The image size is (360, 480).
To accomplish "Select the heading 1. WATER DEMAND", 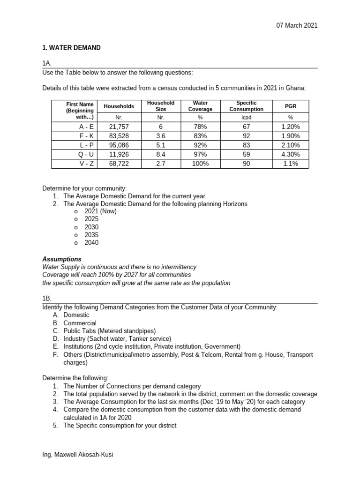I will [x=71, y=48].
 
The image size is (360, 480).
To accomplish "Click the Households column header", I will [x=119, y=106].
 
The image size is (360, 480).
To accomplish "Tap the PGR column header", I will [x=290, y=106].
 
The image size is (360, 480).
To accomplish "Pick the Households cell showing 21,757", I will [x=119, y=127].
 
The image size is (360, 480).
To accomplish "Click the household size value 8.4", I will [x=161, y=155].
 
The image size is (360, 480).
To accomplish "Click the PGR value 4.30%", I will [x=290, y=155].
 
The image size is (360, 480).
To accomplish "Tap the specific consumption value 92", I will [x=246, y=136].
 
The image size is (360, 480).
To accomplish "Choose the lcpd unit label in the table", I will [x=246, y=118].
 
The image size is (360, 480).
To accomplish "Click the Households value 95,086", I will [x=119, y=145].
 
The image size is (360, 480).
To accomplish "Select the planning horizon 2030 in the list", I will [x=91, y=227].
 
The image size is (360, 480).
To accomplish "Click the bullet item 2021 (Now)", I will [x=100, y=211].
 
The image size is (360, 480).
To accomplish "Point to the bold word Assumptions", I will [x=62, y=259].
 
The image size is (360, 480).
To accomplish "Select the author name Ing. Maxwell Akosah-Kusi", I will [x=77, y=455].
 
